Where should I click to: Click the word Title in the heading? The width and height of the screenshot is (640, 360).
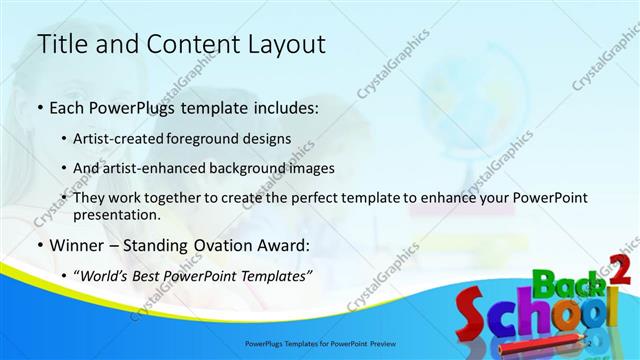coord(59,45)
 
